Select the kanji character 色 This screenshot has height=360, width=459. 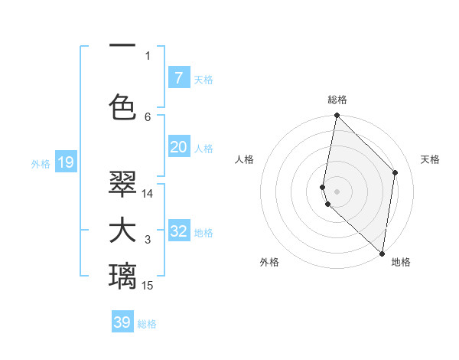[122, 106]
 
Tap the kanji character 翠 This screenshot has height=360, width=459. [122, 183]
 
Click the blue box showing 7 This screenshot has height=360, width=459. [179, 78]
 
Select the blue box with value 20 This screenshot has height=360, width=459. [179, 147]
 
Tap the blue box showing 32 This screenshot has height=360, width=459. [179, 231]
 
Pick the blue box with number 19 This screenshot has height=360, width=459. [66, 162]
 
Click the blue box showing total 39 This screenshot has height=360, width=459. [122, 322]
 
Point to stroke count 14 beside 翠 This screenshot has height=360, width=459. [148, 194]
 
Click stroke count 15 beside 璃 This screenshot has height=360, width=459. [148, 286]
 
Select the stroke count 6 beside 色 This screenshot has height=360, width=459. [148, 117]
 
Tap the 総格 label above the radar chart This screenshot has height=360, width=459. [337, 100]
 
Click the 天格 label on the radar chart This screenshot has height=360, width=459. [430, 159]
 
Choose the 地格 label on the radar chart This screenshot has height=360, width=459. [401, 262]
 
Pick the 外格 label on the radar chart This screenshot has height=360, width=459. [269, 262]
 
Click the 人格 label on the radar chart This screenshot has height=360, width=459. [244, 159]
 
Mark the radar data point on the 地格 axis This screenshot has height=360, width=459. [382, 254]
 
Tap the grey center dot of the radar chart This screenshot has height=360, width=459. [337, 191]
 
